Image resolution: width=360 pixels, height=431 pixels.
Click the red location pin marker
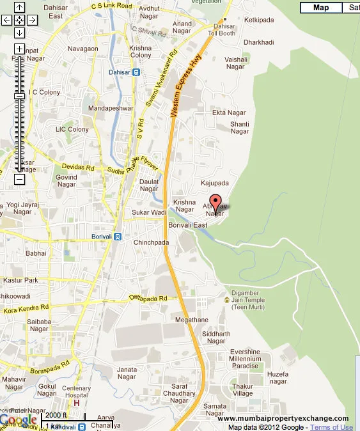click(215, 203)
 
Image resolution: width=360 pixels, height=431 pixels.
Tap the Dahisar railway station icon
click(136, 72)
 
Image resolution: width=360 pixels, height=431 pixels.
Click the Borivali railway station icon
click(117, 237)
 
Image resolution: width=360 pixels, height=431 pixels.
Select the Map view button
click(321, 8)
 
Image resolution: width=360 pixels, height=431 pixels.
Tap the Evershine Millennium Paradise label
click(246, 358)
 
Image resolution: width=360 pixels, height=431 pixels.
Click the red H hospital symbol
click(77, 403)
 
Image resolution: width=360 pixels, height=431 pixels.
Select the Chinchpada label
click(151, 243)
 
